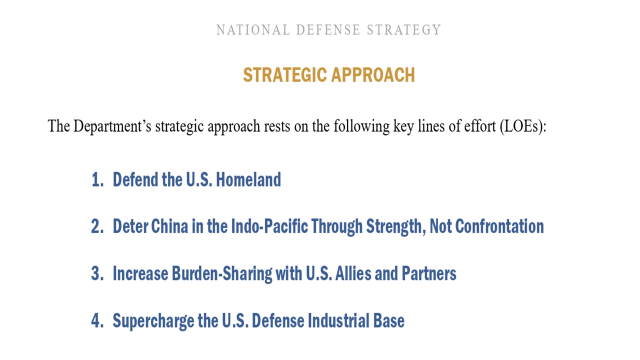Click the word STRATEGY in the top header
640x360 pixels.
(x=403, y=30)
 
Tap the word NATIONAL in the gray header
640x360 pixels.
(x=253, y=30)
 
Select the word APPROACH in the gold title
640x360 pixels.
(x=373, y=75)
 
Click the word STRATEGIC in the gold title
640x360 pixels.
(x=285, y=75)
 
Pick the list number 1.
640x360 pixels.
(x=97, y=179)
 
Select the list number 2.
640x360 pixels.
(x=97, y=226)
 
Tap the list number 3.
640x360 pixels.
(x=97, y=273)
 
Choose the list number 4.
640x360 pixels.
(x=97, y=320)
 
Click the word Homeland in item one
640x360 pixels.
(x=248, y=179)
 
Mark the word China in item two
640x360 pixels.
(x=169, y=226)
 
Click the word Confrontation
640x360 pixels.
(x=499, y=226)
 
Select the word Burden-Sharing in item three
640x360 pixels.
(x=222, y=274)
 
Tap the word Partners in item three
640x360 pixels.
(x=429, y=273)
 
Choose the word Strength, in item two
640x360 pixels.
(x=396, y=227)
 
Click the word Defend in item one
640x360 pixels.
(x=135, y=179)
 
